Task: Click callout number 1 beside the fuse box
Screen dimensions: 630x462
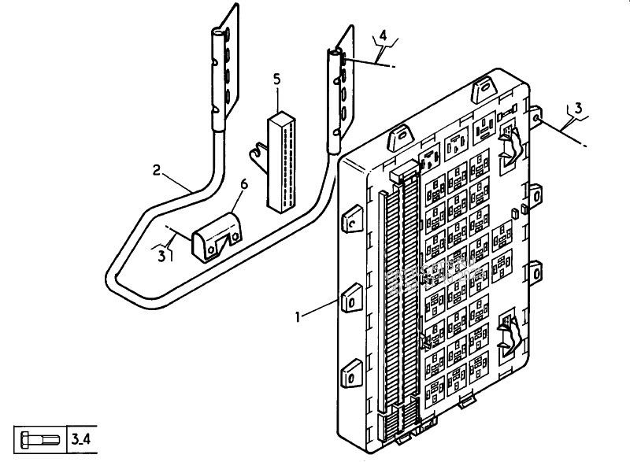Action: tap(298, 317)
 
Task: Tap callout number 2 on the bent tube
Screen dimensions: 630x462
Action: tap(157, 170)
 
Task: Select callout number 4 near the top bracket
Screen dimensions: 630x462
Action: tap(383, 35)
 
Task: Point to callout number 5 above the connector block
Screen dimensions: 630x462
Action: tap(277, 79)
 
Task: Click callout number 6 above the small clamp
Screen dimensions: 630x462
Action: tap(244, 184)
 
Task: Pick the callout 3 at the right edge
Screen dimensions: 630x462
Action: tap(578, 109)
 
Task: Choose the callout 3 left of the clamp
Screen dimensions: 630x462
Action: tap(161, 256)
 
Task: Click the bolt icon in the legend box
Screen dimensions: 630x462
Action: tap(40, 440)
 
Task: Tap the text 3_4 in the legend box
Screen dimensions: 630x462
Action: tap(81, 439)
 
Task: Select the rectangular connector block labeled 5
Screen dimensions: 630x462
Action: tap(282, 162)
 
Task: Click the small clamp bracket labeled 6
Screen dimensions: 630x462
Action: tap(217, 238)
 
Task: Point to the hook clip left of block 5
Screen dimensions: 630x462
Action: tap(259, 157)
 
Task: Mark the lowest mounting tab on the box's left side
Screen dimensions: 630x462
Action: tap(351, 374)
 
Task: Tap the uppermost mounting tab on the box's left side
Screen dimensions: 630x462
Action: tap(351, 219)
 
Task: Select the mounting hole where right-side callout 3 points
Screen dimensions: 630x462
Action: tap(536, 118)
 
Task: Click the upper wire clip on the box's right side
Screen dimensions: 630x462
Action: tap(509, 146)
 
